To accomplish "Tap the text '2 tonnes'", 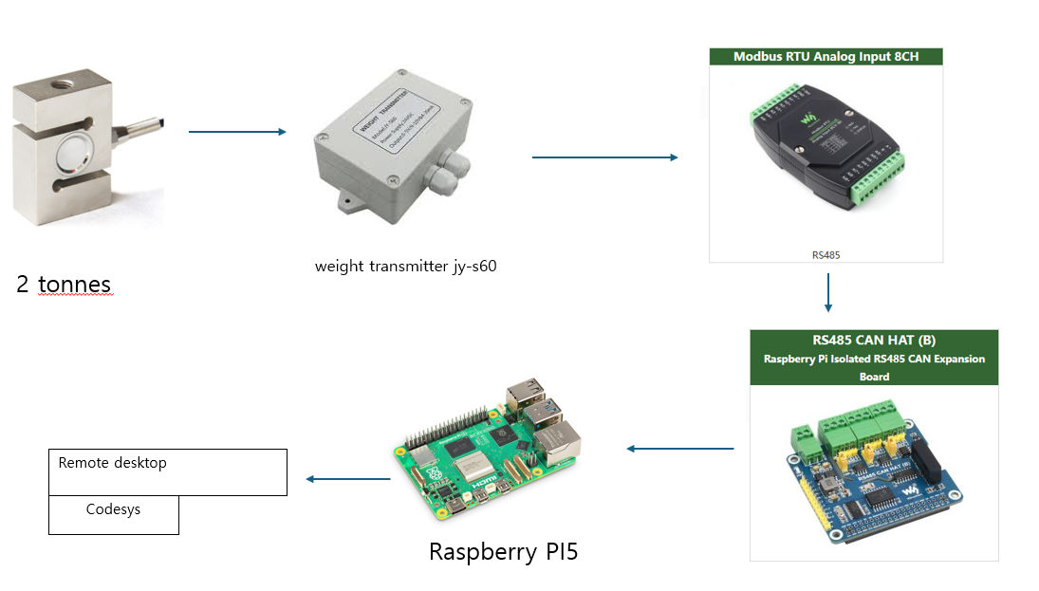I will tap(64, 284).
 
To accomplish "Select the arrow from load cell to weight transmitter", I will tap(237, 132).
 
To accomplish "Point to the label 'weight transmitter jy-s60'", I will tap(405, 266).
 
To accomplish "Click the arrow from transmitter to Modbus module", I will tap(604, 157).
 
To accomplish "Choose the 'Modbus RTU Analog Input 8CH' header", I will tap(826, 57).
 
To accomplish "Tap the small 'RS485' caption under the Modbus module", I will tap(826, 255).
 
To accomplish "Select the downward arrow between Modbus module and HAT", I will tap(828, 293).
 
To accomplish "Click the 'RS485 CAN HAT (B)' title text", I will tap(874, 341).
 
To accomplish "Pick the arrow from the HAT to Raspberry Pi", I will tap(680, 448).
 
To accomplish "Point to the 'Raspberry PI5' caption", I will tap(503, 551).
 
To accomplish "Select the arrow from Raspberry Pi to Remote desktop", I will tap(347, 479).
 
